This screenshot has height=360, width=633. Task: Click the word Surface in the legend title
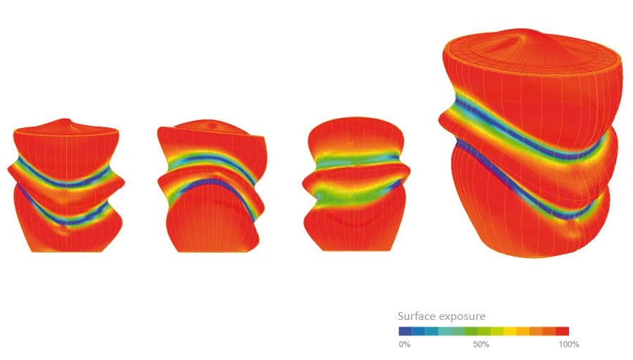coord(417,316)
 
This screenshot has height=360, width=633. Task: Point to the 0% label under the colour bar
coord(404,345)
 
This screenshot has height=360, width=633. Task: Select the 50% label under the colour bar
coord(481,345)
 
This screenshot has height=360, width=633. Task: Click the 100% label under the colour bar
coord(569,345)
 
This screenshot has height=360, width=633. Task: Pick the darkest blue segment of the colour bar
coord(405,331)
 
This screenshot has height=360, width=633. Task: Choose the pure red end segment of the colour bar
coord(563,331)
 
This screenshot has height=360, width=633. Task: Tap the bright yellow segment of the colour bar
coord(510,331)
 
